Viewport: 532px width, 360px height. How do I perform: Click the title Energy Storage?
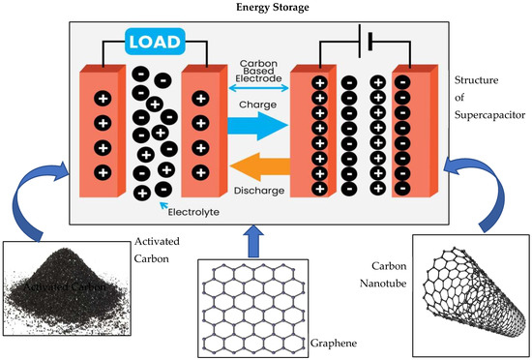tap(266, 9)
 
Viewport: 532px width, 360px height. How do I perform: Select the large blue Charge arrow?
tap(258, 122)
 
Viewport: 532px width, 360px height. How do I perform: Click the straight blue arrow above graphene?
tap(254, 236)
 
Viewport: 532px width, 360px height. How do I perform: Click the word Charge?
tap(259, 102)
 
